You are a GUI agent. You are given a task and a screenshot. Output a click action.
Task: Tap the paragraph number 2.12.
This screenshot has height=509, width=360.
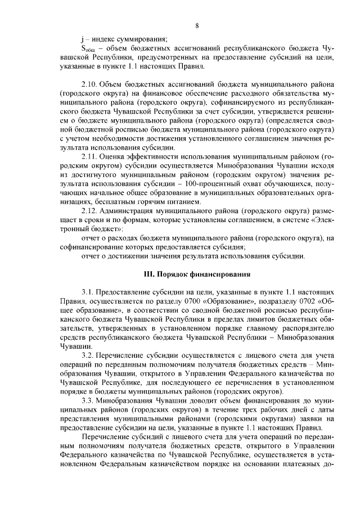point(91,211)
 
